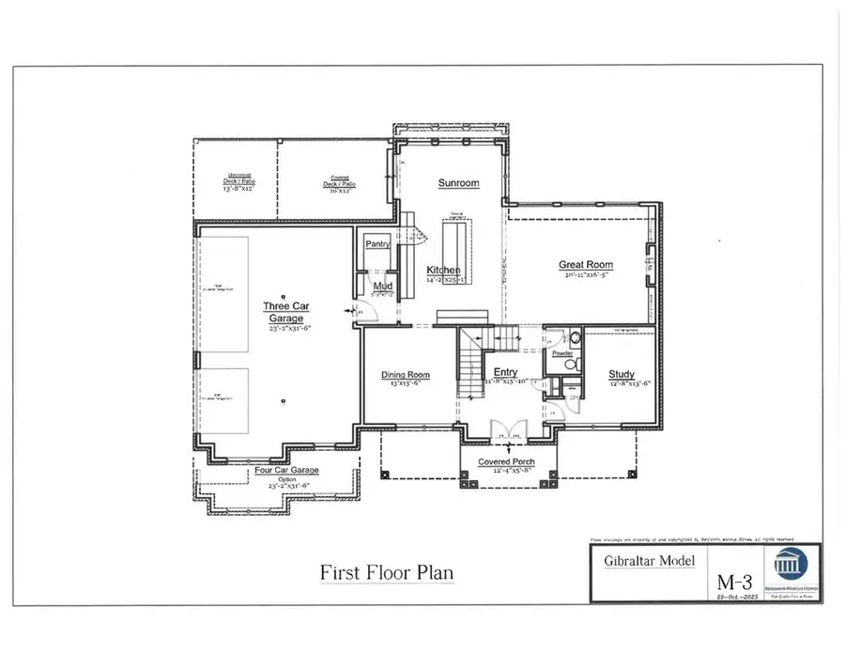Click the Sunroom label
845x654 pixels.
click(x=458, y=183)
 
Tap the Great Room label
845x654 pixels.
click(x=585, y=265)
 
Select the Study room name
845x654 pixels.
click(x=621, y=374)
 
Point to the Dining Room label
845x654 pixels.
click(x=405, y=375)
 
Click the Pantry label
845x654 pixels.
click(x=377, y=243)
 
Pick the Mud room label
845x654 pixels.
click(x=382, y=286)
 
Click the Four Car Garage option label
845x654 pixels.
click(x=287, y=470)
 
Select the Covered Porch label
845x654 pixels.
click(x=507, y=462)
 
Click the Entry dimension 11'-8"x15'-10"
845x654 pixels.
click(x=507, y=382)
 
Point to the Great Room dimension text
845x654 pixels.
click(x=587, y=276)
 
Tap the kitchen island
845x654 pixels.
click(x=458, y=251)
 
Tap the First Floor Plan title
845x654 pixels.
click(x=388, y=571)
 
